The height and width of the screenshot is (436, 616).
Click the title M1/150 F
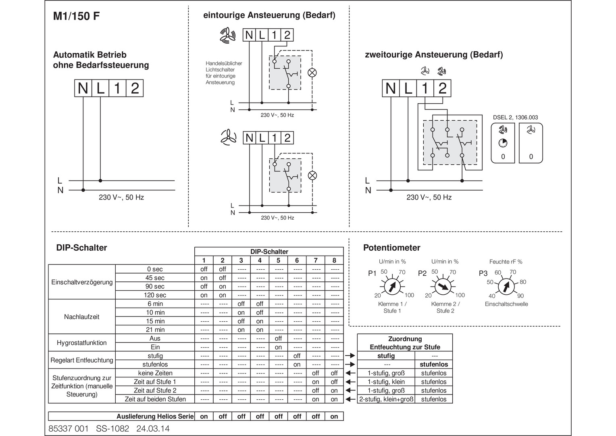point(77,16)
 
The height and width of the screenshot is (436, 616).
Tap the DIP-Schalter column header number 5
point(278,260)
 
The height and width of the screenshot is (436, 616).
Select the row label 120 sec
point(155,295)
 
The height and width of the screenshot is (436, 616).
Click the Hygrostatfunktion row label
point(82,343)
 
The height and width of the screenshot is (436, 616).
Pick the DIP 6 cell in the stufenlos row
point(297,365)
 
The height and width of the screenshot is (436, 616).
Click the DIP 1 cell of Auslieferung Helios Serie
point(204,416)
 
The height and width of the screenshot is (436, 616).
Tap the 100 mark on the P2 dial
point(460,295)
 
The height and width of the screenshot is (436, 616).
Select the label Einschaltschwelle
point(506,304)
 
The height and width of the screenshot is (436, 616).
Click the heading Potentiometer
point(392,248)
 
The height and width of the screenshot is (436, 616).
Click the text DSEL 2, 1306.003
point(515,117)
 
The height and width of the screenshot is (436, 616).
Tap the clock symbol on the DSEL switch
point(503,143)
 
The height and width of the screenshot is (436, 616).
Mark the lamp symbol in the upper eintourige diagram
point(312,73)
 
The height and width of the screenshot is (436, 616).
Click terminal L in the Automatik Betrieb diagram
point(100,88)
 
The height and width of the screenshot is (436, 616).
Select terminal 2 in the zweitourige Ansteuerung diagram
point(443,88)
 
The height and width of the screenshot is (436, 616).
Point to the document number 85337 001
point(68,429)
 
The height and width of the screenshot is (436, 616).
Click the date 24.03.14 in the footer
point(153,429)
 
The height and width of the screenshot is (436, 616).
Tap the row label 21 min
point(155,330)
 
